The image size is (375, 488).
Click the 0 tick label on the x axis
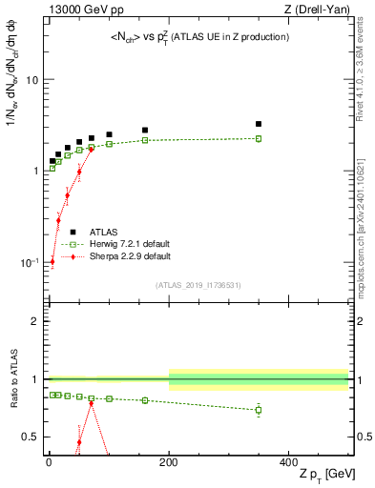(x=48, y=461)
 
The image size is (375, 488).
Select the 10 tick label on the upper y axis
(x=31, y=80)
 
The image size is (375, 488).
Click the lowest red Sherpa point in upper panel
(x=52, y=261)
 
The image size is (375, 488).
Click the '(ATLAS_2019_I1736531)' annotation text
(x=198, y=284)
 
